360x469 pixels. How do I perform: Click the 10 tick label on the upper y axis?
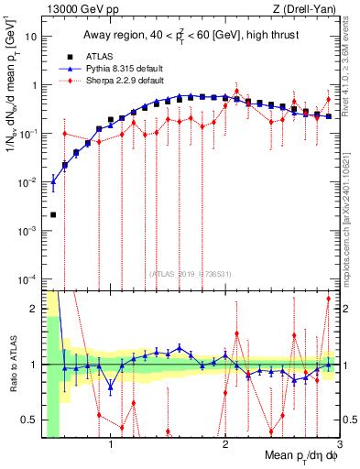tap(32, 38)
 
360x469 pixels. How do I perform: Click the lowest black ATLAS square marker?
tap(53, 214)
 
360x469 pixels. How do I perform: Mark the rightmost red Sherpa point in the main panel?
tap(329, 100)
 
